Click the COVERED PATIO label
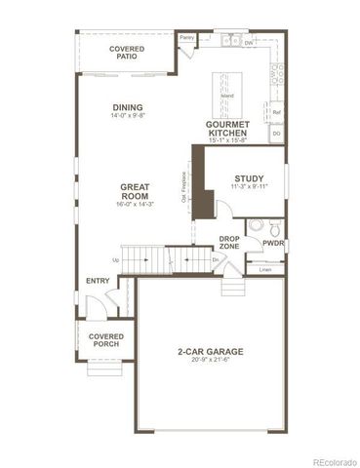(x=127, y=53)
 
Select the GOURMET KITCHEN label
(x=227, y=129)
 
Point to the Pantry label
(x=187, y=37)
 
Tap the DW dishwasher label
(x=249, y=44)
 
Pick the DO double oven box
(x=276, y=133)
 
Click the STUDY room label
(x=250, y=177)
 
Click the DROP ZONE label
(x=229, y=242)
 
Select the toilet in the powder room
(x=256, y=225)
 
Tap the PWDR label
(x=272, y=244)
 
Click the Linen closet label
(x=264, y=268)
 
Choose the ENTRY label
(x=98, y=282)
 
